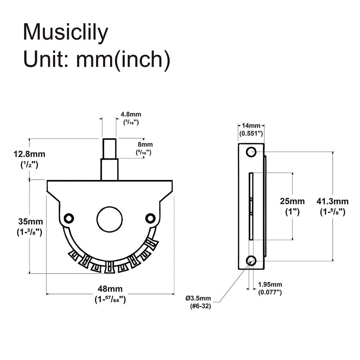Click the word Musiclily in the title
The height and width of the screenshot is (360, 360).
(x=65, y=32)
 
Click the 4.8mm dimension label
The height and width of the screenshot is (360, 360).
(x=131, y=115)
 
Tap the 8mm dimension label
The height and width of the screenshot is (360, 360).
(x=145, y=144)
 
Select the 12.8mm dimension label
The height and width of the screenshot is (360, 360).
(x=30, y=154)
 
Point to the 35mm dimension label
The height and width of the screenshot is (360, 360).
(x=30, y=222)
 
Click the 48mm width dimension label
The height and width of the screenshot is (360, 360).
(x=110, y=289)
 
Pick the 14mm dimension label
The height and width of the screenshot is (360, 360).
(x=251, y=126)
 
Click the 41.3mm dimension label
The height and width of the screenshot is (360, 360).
(x=332, y=201)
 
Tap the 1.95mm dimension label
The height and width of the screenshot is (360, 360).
(x=270, y=284)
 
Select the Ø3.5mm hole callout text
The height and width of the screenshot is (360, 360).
(x=198, y=298)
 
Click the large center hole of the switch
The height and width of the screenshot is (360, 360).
(x=110, y=219)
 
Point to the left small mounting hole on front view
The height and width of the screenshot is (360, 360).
(x=69, y=218)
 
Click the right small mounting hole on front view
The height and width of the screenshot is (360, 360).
(x=150, y=218)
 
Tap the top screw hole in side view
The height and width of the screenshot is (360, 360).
(x=251, y=152)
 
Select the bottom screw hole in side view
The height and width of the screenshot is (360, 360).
(x=251, y=261)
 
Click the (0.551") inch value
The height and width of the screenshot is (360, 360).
(x=251, y=134)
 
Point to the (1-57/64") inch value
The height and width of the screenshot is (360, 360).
(x=110, y=300)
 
